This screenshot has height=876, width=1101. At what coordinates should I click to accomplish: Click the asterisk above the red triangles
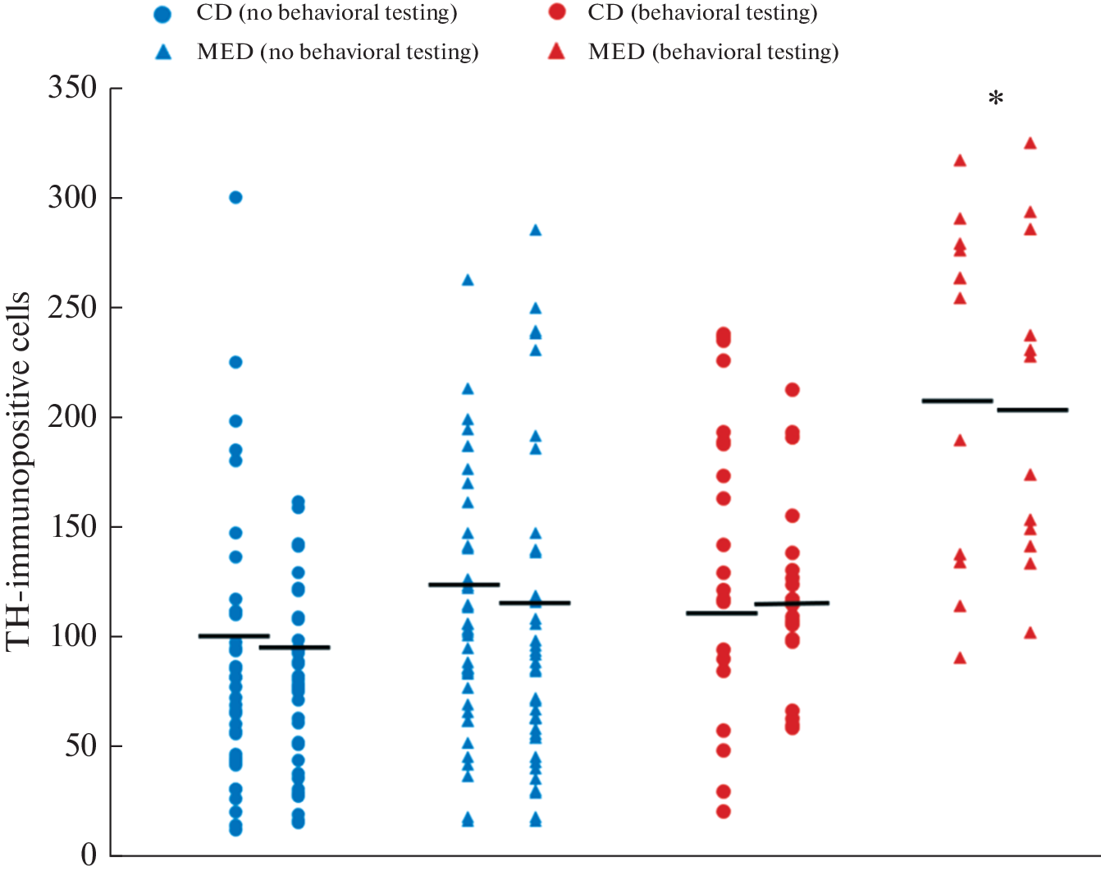click(x=995, y=100)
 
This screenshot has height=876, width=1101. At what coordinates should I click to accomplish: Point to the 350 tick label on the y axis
click(x=72, y=87)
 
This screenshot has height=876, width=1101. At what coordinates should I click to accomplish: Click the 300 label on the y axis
click(x=72, y=197)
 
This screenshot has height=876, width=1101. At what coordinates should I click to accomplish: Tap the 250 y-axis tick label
click(x=72, y=307)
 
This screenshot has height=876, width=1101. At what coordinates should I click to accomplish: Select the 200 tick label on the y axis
click(x=72, y=416)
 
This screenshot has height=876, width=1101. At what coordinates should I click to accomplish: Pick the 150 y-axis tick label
click(x=72, y=526)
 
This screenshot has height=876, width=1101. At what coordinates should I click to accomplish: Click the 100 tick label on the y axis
click(x=72, y=636)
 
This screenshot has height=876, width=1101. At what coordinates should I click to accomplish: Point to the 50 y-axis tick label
click(x=81, y=745)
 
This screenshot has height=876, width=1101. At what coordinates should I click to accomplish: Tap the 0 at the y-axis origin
click(x=89, y=855)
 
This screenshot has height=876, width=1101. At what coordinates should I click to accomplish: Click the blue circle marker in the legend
click(x=163, y=14)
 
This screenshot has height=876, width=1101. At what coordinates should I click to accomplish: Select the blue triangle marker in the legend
click(x=163, y=52)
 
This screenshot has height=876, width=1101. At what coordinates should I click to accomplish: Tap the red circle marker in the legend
click(x=557, y=12)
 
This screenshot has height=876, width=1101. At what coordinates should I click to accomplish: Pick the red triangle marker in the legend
click(x=557, y=52)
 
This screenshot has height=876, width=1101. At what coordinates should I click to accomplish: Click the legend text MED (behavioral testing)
click(x=713, y=53)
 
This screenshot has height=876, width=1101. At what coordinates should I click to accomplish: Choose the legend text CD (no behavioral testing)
click(x=327, y=13)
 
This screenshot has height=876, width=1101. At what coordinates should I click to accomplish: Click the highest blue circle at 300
click(x=235, y=197)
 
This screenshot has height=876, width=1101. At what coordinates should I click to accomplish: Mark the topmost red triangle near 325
click(x=1030, y=144)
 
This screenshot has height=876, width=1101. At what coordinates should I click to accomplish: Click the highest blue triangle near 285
click(x=536, y=231)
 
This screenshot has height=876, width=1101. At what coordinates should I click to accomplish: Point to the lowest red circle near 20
click(x=724, y=811)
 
